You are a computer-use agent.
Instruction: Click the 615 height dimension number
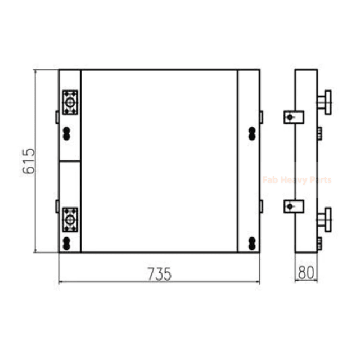pyautogui.click(x=29, y=161)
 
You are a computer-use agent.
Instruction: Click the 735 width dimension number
pyautogui.click(x=160, y=274)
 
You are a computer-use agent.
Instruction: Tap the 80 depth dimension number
pyautogui.click(x=306, y=272)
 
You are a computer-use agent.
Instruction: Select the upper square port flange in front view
pyautogui.click(x=70, y=102)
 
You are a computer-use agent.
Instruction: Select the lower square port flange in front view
pyautogui.click(x=70, y=220)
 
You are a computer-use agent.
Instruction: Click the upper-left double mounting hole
pyautogui.click(x=66, y=134)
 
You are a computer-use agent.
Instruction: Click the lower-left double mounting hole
pyautogui.click(x=66, y=244)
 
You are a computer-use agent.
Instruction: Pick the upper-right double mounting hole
pyautogui.click(x=252, y=134)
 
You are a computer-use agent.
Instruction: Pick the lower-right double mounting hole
pyautogui.click(x=252, y=244)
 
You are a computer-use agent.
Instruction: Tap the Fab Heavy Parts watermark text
pyautogui.click(x=297, y=179)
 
